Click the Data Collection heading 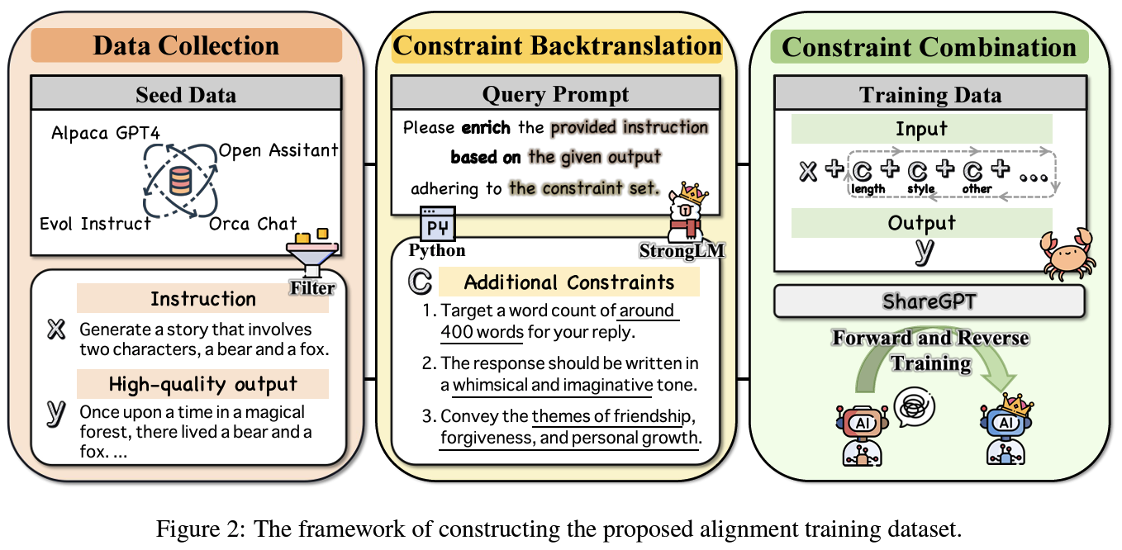point(186,45)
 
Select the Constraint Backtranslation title point(556,45)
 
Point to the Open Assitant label point(278,150)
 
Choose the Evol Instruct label point(95,223)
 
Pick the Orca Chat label point(253,224)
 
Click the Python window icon point(436,221)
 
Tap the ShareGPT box point(929,301)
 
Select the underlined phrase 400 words point(482,332)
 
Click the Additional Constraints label point(568,282)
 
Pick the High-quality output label point(202,384)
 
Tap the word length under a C point(868,189)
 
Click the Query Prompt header point(555,94)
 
